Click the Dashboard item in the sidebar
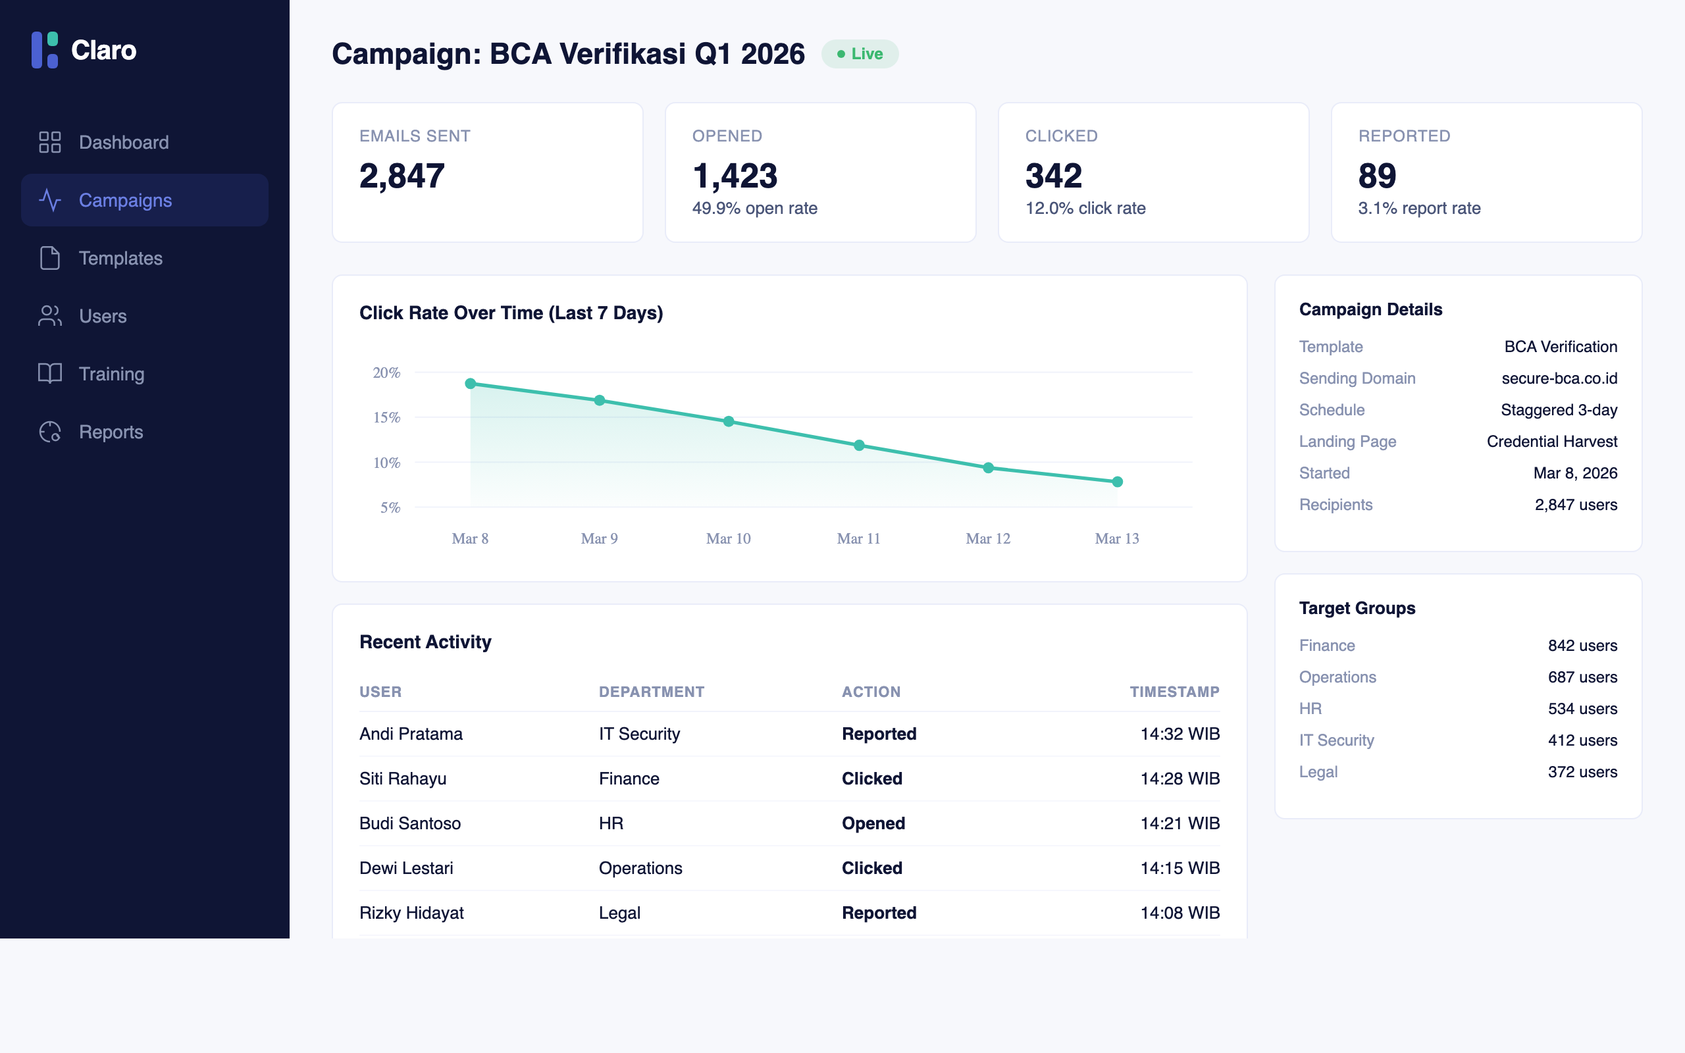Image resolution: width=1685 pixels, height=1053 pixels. pos(123,142)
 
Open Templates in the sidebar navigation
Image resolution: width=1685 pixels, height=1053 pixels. pos(120,259)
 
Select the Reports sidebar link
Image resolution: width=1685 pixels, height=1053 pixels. pos(111,432)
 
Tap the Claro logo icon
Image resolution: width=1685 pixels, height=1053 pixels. pos(45,50)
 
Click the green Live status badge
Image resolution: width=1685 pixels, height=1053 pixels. pos(859,55)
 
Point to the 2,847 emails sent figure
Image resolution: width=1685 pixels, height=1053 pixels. pos(402,176)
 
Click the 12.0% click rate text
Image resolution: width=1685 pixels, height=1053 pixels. pos(1085,208)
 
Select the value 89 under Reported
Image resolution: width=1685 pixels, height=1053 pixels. pos(1376,176)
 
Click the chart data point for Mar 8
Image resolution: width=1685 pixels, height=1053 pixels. pos(471,384)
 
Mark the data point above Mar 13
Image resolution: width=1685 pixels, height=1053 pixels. pos(1117,482)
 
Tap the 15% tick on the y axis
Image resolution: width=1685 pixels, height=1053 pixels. pos(387,418)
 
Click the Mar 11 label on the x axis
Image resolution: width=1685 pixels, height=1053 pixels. pos(858,538)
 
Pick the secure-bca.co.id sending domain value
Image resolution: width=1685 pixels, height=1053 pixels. pos(1559,378)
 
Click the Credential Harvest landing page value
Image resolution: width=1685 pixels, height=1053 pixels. pos(1551,442)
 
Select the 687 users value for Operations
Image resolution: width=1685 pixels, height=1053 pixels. pos(1582,677)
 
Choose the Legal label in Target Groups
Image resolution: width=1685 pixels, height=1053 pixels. pos(1318,771)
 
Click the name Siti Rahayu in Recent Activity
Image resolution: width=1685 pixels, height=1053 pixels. pos(402,779)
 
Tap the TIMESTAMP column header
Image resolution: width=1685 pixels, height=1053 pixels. pos(1174,692)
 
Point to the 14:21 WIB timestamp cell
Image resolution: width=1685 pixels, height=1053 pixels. pos(1179,823)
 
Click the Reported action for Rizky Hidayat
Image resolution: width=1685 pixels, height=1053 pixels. pos(879,913)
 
